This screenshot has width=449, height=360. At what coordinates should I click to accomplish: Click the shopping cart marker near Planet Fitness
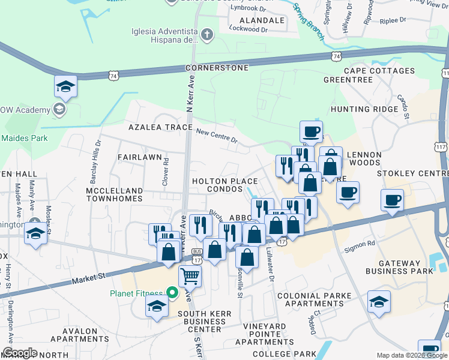(x=190, y=276)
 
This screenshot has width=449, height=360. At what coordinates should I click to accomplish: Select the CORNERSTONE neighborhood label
(x=217, y=68)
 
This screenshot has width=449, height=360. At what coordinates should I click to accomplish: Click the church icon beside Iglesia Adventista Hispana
(x=207, y=34)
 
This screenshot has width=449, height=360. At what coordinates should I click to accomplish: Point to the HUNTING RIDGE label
(x=364, y=109)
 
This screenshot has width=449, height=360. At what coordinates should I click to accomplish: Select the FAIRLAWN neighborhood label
(x=140, y=157)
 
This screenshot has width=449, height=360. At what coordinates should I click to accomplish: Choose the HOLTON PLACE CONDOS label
(x=224, y=185)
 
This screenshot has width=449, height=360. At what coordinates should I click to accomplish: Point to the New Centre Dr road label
(x=217, y=136)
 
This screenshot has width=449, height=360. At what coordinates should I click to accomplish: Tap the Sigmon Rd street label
(x=360, y=246)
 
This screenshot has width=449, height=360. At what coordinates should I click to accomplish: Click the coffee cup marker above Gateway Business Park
(x=392, y=201)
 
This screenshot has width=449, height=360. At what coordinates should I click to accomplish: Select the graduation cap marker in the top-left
(x=65, y=87)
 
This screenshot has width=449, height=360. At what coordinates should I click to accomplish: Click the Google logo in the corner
(x=20, y=353)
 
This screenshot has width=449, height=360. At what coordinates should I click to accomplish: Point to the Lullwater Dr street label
(x=270, y=266)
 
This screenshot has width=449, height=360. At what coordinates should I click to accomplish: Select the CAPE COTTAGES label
(x=379, y=71)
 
